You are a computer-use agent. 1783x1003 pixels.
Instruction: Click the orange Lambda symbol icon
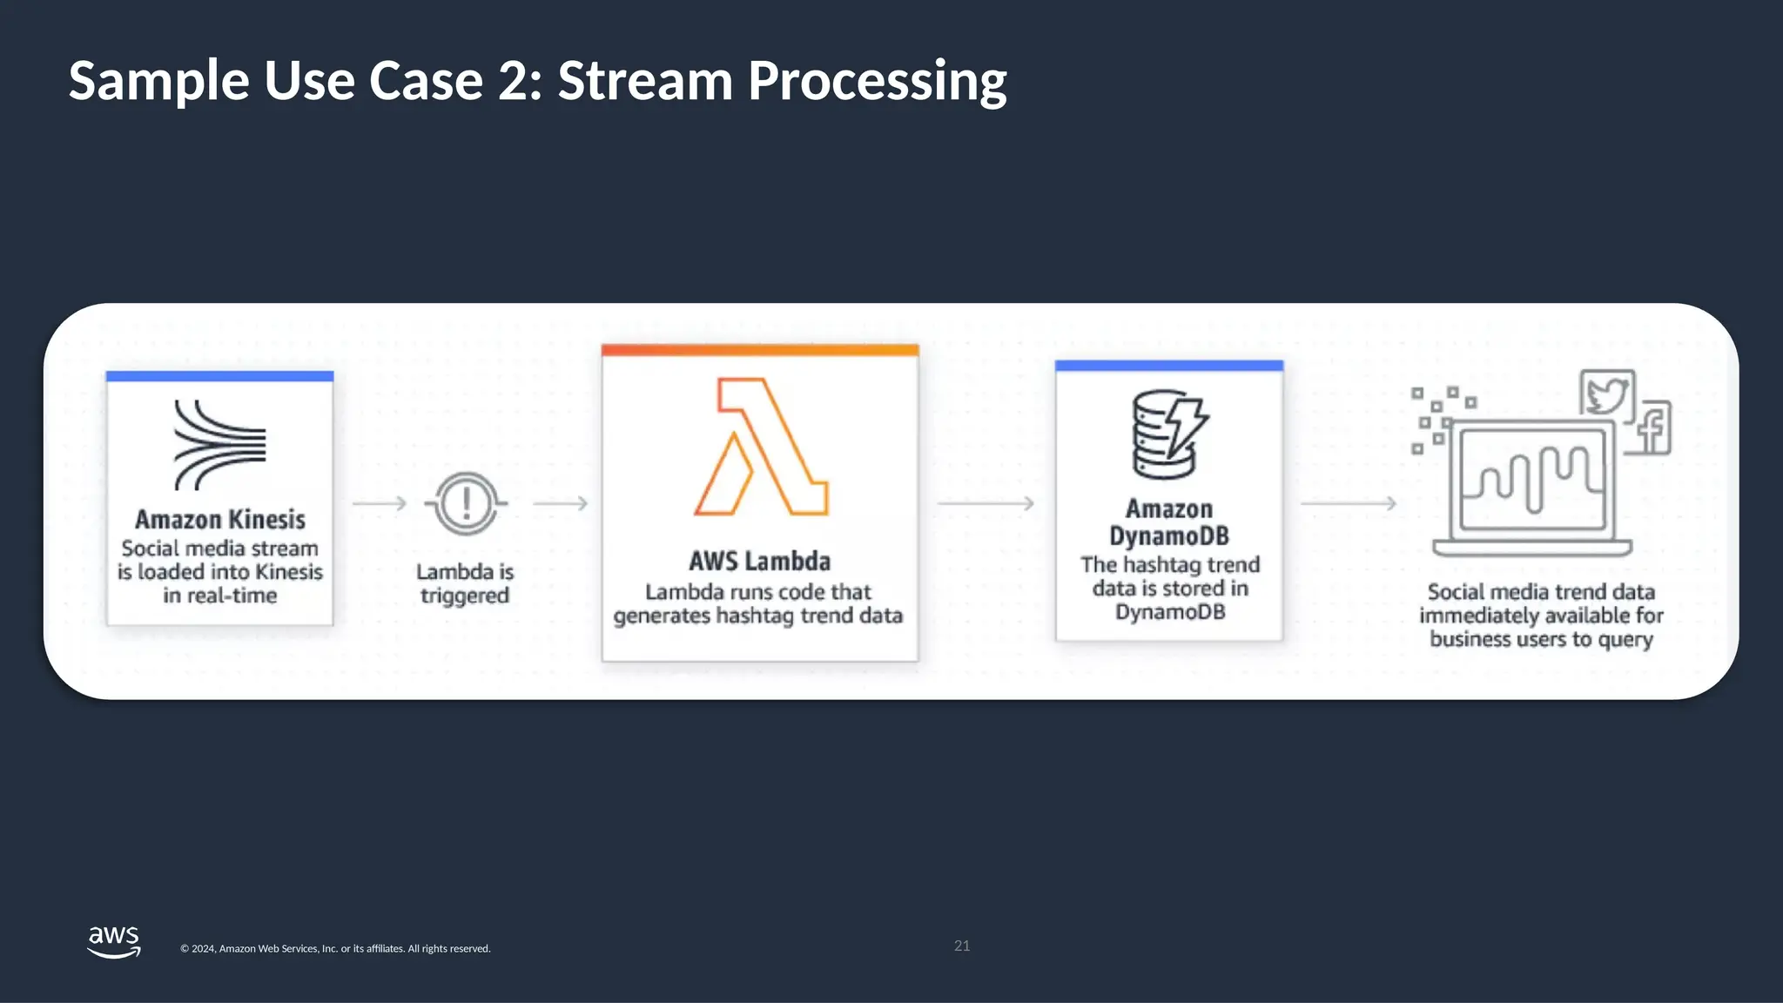click(x=761, y=447)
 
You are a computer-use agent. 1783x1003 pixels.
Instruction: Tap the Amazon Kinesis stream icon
click(x=219, y=445)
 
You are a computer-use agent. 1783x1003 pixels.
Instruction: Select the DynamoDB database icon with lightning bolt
click(x=1168, y=434)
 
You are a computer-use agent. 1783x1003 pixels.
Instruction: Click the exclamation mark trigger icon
click(x=467, y=503)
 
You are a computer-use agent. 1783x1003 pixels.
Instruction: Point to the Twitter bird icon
click(x=1607, y=394)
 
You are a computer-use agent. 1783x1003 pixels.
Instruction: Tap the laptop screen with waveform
click(x=1532, y=479)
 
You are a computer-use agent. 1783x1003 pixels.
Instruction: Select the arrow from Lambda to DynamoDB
click(x=986, y=503)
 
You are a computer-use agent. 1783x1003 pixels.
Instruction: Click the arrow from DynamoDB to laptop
click(x=1348, y=503)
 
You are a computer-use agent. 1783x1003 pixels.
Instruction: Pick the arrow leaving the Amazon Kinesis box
click(x=380, y=503)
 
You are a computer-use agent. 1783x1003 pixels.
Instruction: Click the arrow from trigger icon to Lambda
click(x=560, y=503)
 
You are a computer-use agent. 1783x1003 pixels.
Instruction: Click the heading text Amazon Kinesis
click(x=220, y=520)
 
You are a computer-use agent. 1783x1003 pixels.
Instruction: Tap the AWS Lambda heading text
click(x=759, y=562)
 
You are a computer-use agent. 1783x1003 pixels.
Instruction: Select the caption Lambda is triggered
click(x=465, y=583)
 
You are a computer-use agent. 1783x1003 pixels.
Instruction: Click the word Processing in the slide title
click(x=877, y=81)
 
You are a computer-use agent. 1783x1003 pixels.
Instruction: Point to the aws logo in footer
click(x=114, y=941)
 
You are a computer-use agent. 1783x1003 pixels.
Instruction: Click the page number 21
click(x=962, y=946)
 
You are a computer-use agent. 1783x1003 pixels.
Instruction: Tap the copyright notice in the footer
click(x=335, y=949)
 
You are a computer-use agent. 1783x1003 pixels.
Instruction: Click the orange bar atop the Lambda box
click(x=759, y=350)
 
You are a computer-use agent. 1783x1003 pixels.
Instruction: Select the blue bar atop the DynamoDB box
click(x=1168, y=366)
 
